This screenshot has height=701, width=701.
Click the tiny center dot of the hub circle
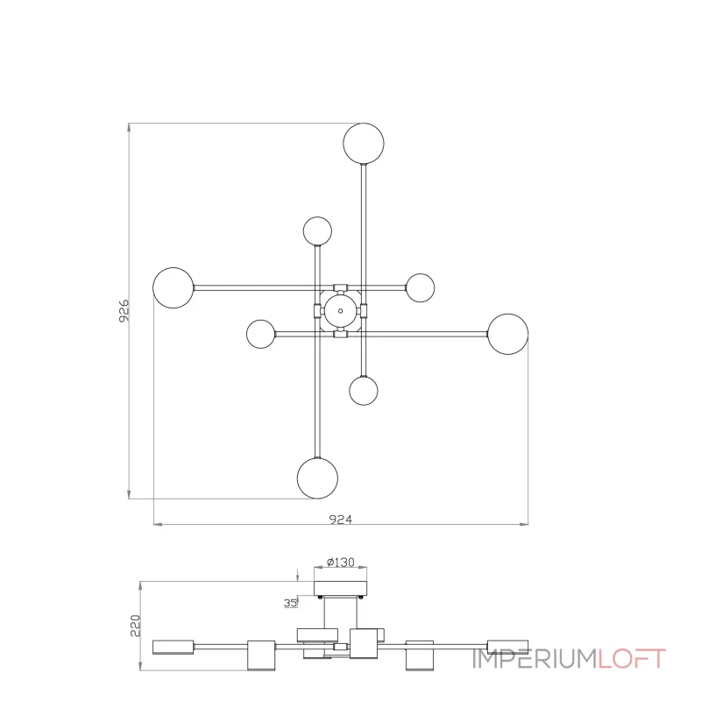(x=340, y=311)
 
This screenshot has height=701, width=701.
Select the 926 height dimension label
(x=124, y=311)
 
